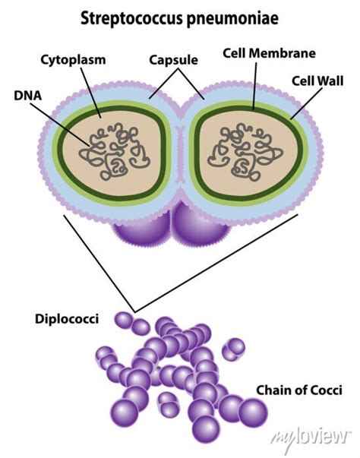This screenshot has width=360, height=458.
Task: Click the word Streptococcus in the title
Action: pyautogui.click(x=133, y=16)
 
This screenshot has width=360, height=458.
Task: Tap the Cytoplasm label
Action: pyautogui.click(x=74, y=58)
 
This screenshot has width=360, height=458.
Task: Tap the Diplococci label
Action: pyautogui.click(x=66, y=319)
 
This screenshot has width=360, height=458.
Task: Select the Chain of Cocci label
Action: pyautogui.click(x=298, y=390)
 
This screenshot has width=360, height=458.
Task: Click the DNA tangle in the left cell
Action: pyautogui.click(x=112, y=148)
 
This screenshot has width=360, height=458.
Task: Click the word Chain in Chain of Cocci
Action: pyautogui.click(x=271, y=390)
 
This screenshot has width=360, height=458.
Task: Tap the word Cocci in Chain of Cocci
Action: pyautogui.click(x=324, y=390)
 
